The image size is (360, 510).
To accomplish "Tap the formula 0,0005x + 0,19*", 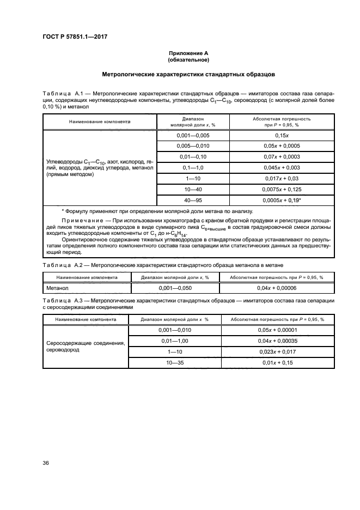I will [282, 200].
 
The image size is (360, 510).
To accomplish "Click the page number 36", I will [46, 464].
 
